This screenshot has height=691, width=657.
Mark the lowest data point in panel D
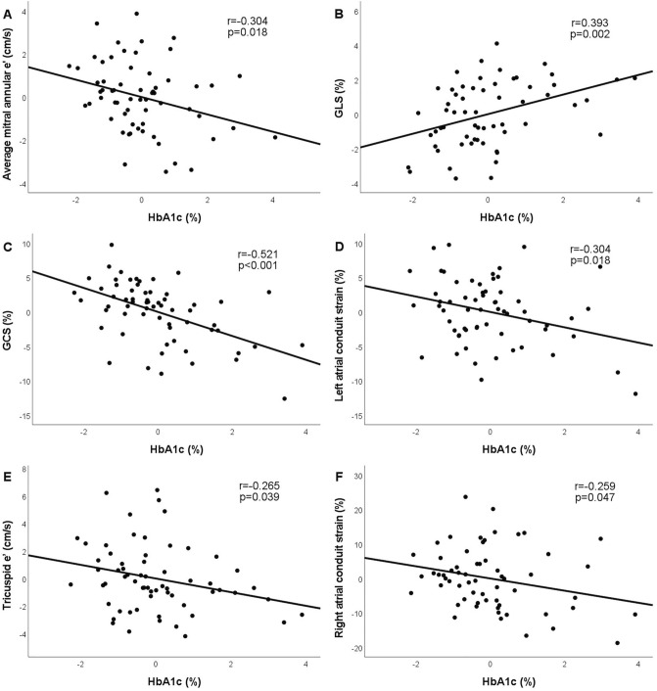coord(635,393)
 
